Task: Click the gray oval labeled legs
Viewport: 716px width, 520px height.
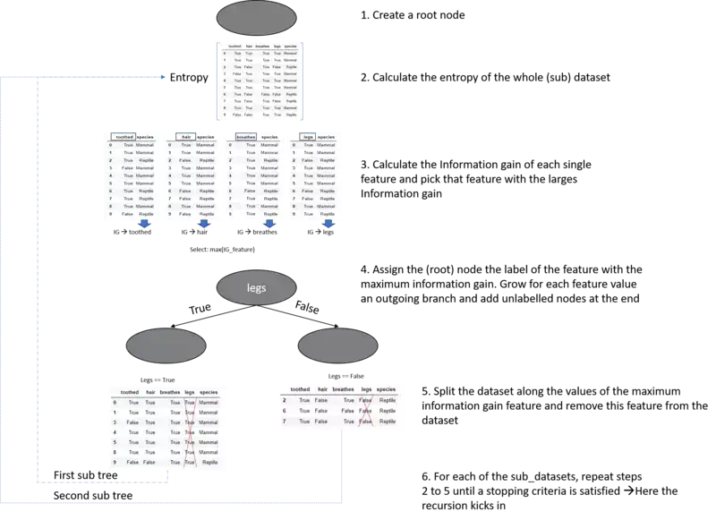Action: [256, 288]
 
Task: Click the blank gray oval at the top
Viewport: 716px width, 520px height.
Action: [258, 18]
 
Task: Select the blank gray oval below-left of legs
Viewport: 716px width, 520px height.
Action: [166, 345]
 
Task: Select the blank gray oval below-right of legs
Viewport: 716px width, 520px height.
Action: [337, 345]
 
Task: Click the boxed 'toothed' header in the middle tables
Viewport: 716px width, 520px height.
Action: [124, 137]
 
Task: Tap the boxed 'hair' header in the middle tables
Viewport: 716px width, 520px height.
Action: [186, 137]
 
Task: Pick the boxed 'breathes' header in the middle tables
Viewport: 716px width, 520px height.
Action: [245, 137]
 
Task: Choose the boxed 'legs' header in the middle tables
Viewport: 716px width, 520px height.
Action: [308, 137]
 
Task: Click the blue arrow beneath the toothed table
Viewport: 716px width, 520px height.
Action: [146, 224]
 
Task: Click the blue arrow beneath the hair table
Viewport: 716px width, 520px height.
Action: [206, 224]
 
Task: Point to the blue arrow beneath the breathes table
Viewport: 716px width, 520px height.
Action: [268, 224]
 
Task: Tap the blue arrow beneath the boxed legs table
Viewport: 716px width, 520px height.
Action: [328, 224]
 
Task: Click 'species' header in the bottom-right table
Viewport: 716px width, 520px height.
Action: [386, 389]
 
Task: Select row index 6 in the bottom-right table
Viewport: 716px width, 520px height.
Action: [284, 411]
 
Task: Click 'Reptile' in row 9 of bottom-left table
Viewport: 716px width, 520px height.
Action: [209, 463]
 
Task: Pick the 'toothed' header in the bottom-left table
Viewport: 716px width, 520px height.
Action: [130, 392]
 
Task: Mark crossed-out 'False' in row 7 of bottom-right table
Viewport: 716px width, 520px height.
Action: [366, 422]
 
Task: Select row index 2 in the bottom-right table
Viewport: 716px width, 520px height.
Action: [284, 400]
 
